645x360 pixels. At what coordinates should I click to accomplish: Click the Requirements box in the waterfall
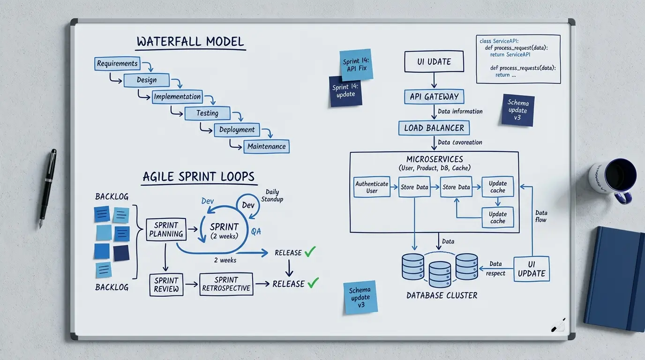117,64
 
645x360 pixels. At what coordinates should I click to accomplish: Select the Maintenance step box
266,147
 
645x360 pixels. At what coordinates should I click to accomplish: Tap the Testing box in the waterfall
207,113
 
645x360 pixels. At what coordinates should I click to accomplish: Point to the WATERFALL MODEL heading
190,42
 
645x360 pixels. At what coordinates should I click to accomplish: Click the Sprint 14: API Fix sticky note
356,65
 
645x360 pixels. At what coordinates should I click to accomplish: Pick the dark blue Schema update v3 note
517,110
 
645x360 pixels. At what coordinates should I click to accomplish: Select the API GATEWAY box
434,97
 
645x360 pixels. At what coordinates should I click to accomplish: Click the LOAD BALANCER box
434,128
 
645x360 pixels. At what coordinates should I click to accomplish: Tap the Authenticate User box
372,187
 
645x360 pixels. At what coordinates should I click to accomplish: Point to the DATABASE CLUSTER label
442,295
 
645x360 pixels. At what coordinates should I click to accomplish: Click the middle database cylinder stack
440,274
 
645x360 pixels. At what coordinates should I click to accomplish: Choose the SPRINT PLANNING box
166,230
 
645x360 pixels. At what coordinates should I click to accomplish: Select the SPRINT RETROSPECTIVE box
226,284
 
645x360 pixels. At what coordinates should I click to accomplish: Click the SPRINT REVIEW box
166,285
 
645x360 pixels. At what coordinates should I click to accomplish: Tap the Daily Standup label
272,195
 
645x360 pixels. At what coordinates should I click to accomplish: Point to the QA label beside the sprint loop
256,231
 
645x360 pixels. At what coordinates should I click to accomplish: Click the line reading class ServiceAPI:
499,41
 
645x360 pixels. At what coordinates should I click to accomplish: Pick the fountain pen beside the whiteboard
47,188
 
